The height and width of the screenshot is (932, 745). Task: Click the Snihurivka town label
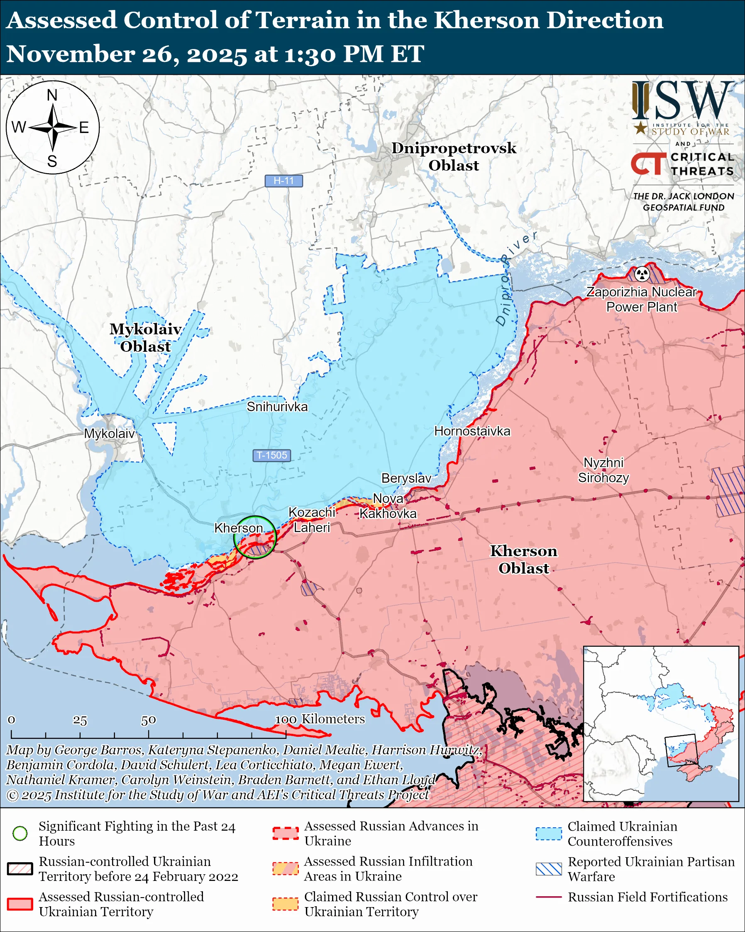click(x=277, y=407)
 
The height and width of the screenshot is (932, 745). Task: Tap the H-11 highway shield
click(x=284, y=181)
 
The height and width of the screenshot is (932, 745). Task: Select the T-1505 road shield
click(x=272, y=455)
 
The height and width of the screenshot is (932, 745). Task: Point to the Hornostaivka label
click(x=472, y=431)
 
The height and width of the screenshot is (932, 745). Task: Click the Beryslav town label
click(x=406, y=478)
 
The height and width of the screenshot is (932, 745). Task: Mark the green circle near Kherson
click(x=255, y=537)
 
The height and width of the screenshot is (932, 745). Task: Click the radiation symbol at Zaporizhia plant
click(x=642, y=274)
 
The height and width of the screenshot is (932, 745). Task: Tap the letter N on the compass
click(x=52, y=95)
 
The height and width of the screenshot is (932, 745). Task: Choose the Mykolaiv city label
click(x=109, y=434)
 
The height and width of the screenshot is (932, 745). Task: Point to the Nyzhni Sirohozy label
click(x=603, y=470)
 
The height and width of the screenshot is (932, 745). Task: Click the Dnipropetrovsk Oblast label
click(x=454, y=157)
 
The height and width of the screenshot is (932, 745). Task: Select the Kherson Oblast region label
click(x=523, y=559)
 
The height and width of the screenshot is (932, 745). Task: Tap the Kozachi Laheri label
click(x=312, y=520)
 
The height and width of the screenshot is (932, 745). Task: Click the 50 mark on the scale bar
click(x=148, y=720)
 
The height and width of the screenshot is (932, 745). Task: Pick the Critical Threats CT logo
click(x=648, y=164)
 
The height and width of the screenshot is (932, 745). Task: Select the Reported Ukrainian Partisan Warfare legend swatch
click(x=549, y=869)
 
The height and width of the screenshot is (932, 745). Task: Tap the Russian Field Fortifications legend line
click(x=549, y=897)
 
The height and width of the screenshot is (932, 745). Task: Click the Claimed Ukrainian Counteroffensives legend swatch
click(x=549, y=834)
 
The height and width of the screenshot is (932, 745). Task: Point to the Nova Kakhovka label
click(x=388, y=506)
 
